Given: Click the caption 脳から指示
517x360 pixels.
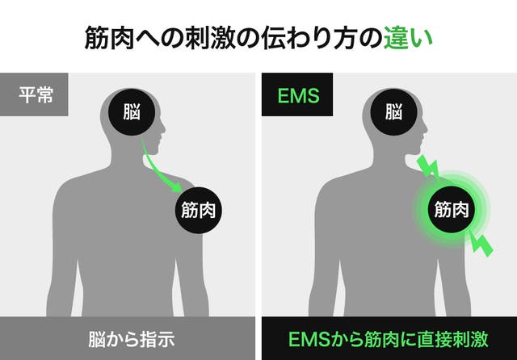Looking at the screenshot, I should pos(131,338).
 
